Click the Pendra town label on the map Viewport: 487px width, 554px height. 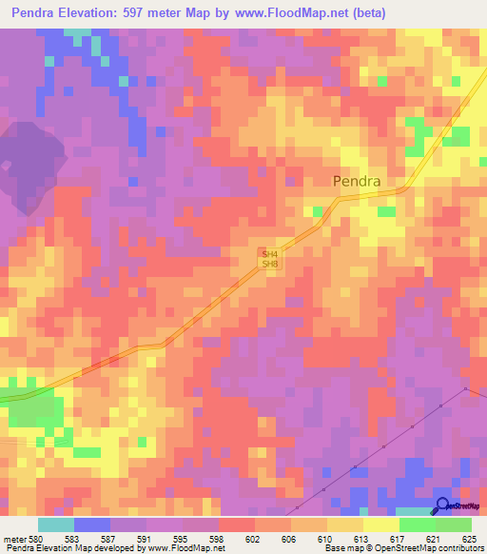pos(357,181)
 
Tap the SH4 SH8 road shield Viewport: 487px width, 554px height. pos(270,258)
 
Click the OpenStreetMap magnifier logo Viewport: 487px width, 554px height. pos(443,505)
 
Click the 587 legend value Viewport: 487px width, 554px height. pos(107,538)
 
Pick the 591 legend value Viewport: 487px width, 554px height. pos(145,538)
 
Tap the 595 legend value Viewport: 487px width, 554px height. pos(182,538)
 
